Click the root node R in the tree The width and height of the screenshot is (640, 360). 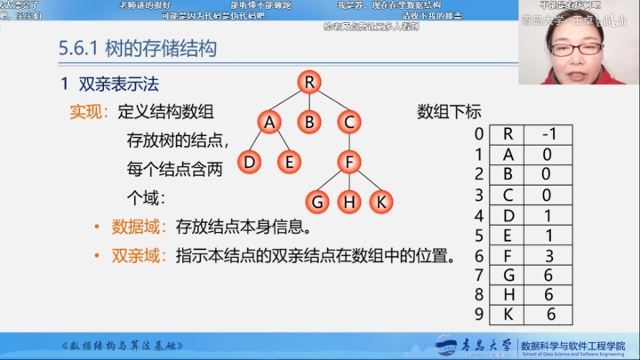coord(308,83)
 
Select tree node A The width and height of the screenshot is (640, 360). coord(268,122)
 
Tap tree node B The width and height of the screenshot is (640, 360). coord(308,122)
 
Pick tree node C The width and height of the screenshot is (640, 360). coord(349,122)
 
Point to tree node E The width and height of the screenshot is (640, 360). coord(288,162)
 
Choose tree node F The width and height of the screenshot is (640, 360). coord(349,162)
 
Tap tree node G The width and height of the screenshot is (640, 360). coord(317,202)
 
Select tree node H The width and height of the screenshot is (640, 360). coord(349,202)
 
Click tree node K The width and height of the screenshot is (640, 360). coord(380,202)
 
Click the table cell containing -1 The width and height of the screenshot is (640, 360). coord(548,134)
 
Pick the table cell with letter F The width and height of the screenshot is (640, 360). coord(508,255)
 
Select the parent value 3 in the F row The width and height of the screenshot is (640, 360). coord(548,255)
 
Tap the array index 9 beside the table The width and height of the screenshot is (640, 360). coord(479,315)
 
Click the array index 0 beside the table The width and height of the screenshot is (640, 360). coord(479,134)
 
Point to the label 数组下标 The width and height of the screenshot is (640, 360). coord(449,112)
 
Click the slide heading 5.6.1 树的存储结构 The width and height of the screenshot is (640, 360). coord(136,49)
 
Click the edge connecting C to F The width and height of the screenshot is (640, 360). coord(349,142)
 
